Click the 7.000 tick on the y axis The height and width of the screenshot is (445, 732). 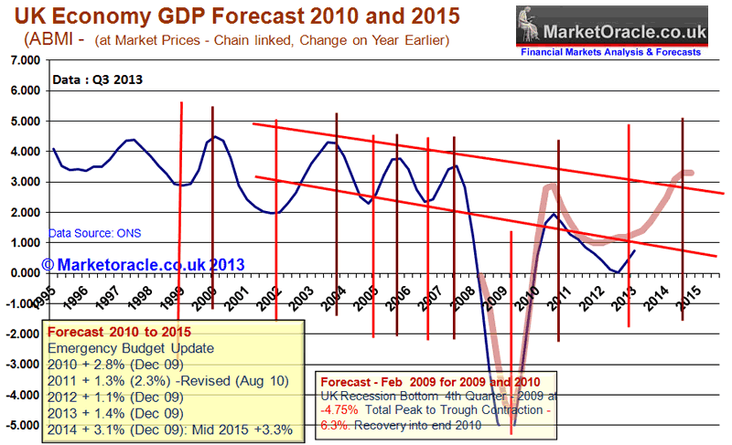tap(23, 60)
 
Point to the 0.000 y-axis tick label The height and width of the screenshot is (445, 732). tap(23, 273)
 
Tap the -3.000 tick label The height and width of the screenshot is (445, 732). tap(21, 365)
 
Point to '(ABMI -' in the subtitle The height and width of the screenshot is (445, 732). tap(49, 41)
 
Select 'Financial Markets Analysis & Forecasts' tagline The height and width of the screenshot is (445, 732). tap(610, 52)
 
